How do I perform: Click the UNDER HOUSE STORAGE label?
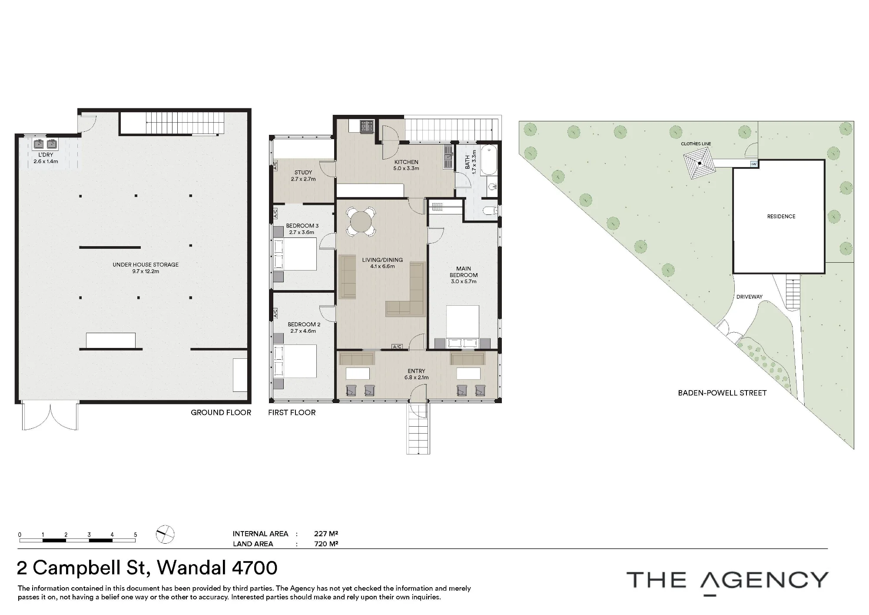(x=146, y=264)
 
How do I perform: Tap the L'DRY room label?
(x=46, y=155)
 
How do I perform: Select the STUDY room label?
(x=303, y=173)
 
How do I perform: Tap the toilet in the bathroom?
(x=491, y=211)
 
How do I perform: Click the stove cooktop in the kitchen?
(x=367, y=126)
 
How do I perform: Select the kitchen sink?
(x=448, y=157)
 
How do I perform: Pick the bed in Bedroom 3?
(x=295, y=254)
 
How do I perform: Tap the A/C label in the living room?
(x=397, y=347)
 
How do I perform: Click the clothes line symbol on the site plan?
(x=700, y=164)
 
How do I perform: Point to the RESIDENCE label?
(x=781, y=216)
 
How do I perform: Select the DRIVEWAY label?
(x=750, y=297)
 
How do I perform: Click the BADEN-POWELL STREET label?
(x=722, y=393)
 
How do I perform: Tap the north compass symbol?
(x=165, y=535)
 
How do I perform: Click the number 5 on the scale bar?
(x=136, y=535)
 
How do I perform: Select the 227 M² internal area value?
(x=326, y=534)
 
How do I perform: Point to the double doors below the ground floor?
(x=50, y=417)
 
